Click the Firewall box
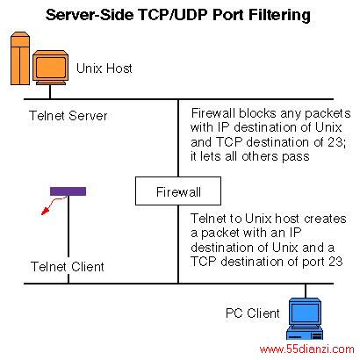[x=178, y=191]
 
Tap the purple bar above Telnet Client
[x=68, y=191]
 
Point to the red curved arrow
[x=52, y=205]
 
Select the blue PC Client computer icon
[x=305, y=319]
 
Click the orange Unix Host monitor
[x=50, y=68]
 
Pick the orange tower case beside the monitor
[x=20, y=58]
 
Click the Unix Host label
[x=104, y=68]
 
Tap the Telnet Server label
[x=68, y=116]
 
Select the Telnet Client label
[x=68, y=267]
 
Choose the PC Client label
[x=253, y=313]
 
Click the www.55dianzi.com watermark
[x=306, y=349]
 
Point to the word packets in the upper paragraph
[x=328, y=113]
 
